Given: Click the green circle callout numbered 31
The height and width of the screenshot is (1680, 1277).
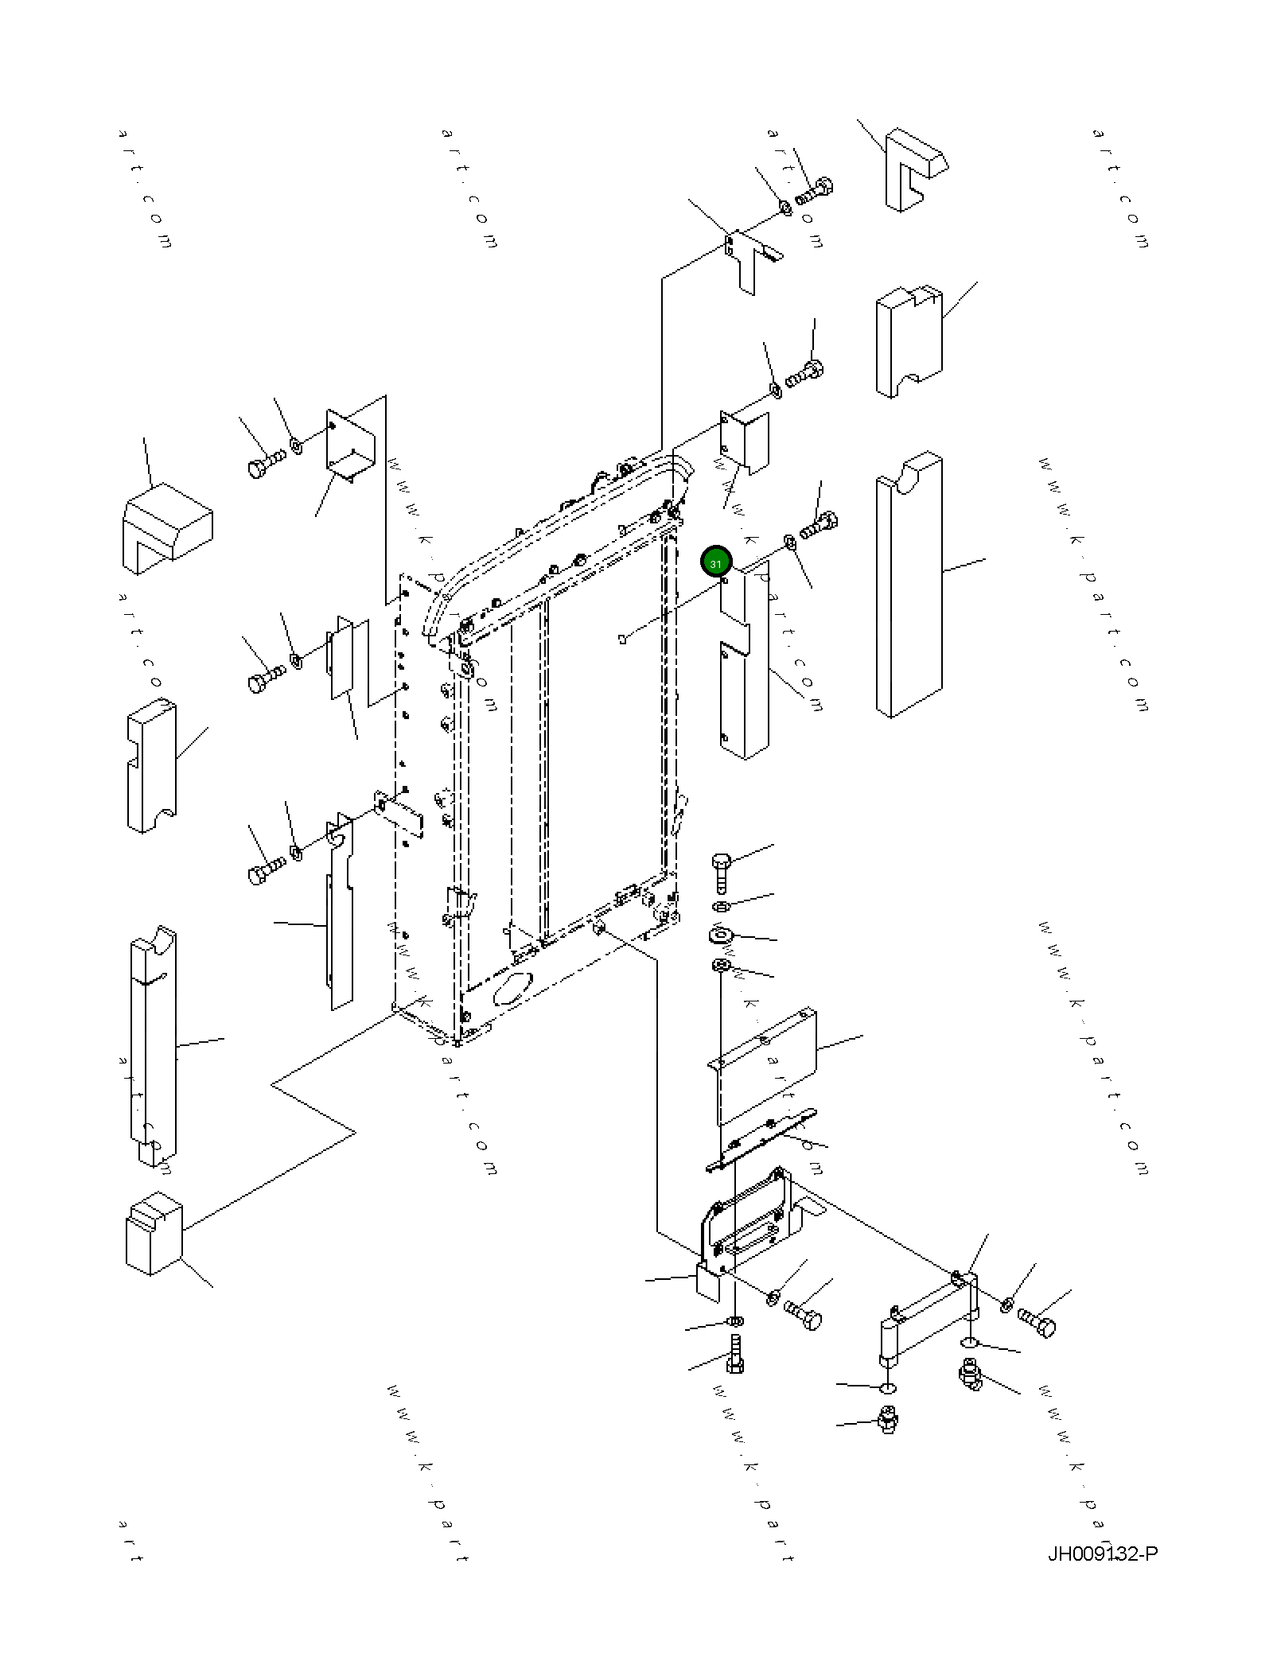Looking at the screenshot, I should [x=715, y=562].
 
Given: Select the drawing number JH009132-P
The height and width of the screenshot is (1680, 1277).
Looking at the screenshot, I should [x=1102, y=1554].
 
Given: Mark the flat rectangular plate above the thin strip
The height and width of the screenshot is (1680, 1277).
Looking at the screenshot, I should [x=764, y=1062].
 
